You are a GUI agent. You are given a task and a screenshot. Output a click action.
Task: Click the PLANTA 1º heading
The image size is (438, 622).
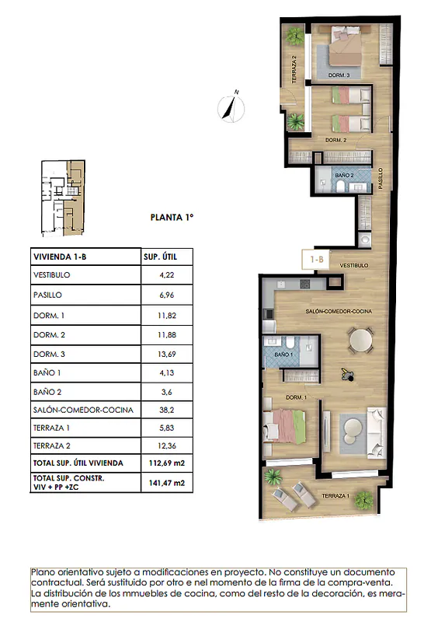click(x=172, y=218)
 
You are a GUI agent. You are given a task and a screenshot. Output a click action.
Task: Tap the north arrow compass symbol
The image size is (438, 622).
click(x=231, y=107)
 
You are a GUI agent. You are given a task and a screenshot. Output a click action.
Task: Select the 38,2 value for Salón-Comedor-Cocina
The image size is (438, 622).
click(x=166, y=410)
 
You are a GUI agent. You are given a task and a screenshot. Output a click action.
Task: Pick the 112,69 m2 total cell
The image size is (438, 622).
click(x=166, y=463)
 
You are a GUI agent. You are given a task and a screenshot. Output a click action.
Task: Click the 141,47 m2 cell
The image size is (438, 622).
click(x=166, y=483)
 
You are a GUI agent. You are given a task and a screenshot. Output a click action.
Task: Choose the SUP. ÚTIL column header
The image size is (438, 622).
click(x=160, y=257)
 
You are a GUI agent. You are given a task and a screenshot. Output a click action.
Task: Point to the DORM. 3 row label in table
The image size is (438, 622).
click(x=49, y=354)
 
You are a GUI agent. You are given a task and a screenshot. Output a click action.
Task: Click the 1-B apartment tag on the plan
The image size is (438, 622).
click(x=316, y=260)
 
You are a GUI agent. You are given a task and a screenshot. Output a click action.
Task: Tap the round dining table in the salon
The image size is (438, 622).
click(x=360, y=341)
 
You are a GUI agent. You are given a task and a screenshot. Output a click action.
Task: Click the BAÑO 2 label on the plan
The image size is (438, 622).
click(x=344, y=175)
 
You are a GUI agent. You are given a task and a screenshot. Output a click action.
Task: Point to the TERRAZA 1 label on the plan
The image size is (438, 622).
click(x=335, y=496)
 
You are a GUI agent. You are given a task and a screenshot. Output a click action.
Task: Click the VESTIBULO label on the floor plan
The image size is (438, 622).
click(x=354, y=265)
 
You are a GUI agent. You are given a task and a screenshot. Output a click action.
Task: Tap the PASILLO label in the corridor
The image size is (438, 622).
click(x=381, y=178)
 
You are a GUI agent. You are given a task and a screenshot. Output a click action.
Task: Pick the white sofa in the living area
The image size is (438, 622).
click(x=377, y=432)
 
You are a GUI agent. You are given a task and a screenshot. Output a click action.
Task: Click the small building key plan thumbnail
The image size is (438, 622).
click(x=63, y=198)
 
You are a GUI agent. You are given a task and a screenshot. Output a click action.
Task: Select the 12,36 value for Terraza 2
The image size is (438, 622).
click(x=166, y=446)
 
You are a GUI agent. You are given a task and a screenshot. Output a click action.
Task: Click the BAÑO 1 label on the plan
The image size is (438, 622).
click(x=283, y=355)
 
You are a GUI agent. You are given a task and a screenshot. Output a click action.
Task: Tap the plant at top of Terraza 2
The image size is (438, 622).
click(x=294, y=36)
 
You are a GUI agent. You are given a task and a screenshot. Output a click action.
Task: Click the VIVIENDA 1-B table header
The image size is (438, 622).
click(x=60, y=257)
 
